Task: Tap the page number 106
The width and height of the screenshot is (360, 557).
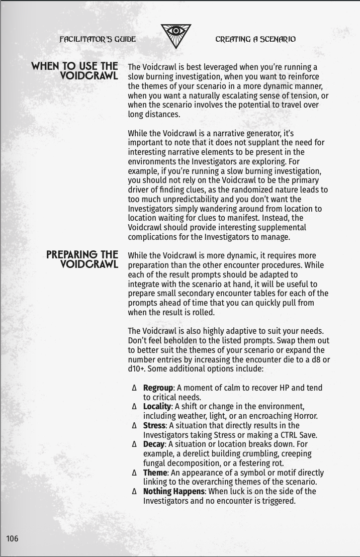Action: click(x=12, y=539)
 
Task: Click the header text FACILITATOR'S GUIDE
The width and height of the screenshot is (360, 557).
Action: click(x=98, y=39)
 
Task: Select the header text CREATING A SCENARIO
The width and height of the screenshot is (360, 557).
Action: click(x=255, y=39)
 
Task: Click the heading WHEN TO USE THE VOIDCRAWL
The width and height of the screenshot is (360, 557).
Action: click(x=75, y=71)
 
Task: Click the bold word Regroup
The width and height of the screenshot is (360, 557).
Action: click(x=158, y=388)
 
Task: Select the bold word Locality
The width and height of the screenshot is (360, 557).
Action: click(x=157, y=406)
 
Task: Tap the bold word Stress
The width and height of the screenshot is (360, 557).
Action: click(x=154, y=425)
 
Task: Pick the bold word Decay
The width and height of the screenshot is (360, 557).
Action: click(x=154, y=444)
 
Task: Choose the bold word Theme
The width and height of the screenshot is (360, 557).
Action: click(x=155, y=473)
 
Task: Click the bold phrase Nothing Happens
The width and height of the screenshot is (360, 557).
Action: click(x=173, y=492)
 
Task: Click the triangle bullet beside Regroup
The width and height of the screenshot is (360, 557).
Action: click(x=134, y=388)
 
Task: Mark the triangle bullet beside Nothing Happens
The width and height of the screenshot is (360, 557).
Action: click(x=134, y=492)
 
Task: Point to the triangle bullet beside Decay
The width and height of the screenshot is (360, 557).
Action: click(x=134, y=444)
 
